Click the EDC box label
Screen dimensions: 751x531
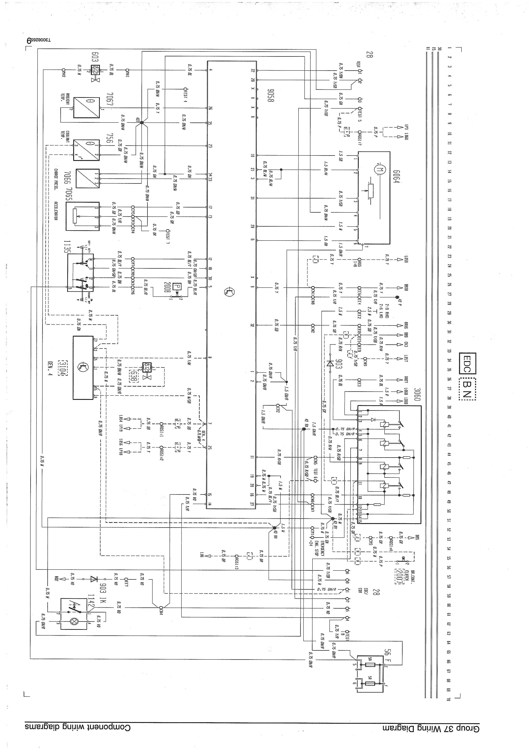pos(467,363)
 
